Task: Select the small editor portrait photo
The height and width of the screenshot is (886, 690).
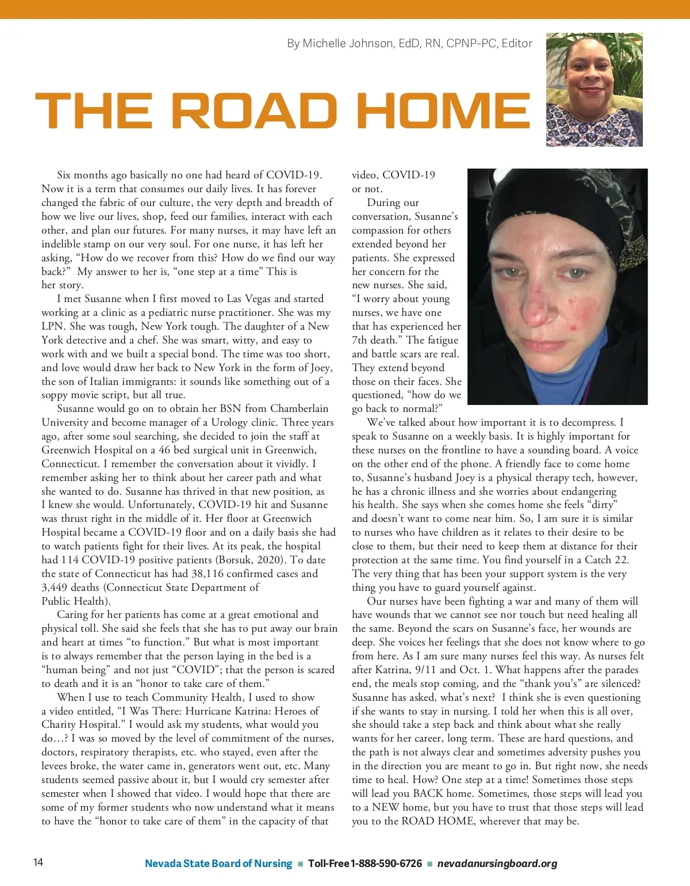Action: tap(594, 89)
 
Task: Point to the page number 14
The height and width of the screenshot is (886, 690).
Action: tap(38, 862)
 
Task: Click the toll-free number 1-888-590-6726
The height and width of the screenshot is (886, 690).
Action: tap(386, 864)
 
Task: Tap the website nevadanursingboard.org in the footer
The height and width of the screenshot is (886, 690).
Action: tap(497, 864)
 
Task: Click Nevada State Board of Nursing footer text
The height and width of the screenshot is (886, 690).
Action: tap(218, 864)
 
